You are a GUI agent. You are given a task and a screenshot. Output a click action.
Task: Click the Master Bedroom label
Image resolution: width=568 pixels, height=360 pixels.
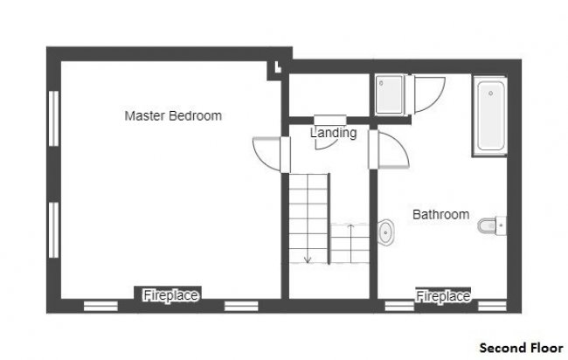coord(173,116)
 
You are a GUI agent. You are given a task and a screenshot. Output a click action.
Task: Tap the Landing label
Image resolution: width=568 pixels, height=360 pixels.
coord(334,133)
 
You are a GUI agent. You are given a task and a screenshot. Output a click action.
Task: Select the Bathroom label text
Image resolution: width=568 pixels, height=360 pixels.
coord(440,214)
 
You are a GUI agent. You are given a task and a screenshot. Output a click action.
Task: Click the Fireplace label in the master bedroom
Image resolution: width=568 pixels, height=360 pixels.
coord(170,295)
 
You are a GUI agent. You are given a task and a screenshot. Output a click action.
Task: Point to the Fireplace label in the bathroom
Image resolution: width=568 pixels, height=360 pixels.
coord(443,296)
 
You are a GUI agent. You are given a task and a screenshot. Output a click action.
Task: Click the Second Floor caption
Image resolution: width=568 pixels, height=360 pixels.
coord(522,348)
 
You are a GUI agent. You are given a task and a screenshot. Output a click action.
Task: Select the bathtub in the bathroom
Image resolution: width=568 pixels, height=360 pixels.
coord(489,116)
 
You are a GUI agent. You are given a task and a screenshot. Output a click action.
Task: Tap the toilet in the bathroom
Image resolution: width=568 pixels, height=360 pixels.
coord(492,225)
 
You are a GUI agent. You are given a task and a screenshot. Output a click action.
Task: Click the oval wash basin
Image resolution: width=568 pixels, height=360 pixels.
coord(385,232)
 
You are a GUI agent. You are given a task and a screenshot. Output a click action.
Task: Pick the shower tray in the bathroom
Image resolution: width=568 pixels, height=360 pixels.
coord(390,95)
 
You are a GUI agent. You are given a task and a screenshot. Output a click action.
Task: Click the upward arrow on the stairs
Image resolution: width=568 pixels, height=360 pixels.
coord(350,244)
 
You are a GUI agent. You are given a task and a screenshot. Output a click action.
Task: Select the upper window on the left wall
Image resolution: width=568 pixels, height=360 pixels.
coord(53,119)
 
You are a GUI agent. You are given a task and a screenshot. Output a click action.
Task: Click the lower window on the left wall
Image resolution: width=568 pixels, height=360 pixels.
coord(53,230)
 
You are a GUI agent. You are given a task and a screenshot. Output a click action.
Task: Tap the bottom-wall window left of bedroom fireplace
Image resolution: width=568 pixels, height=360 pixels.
coord(100,306)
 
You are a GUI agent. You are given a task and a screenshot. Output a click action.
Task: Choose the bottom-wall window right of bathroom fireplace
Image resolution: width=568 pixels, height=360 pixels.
coord(492,306)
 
